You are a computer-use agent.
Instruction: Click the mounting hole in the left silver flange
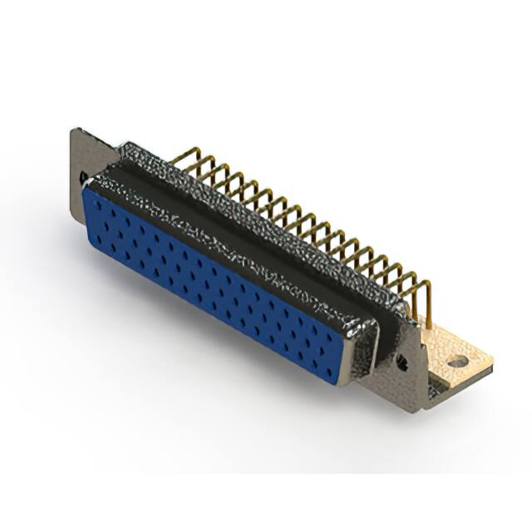(x=82, y=177)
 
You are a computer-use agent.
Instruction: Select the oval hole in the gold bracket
(x=458, y=362)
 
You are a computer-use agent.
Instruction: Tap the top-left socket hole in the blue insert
(x=94, y=199)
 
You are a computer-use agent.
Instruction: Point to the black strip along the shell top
(x=249, y=224)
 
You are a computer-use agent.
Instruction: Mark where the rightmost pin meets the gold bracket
(x=430, y=320)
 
